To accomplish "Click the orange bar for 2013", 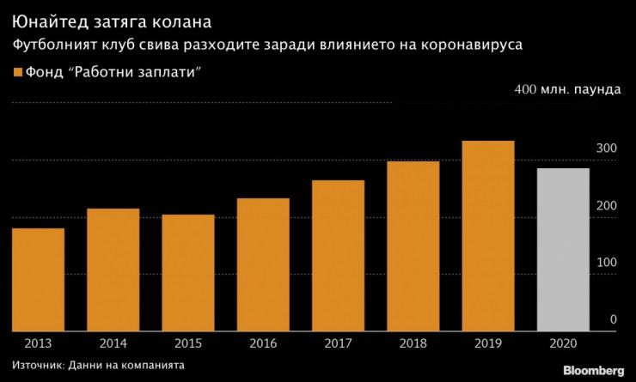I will click(x=38, y=279).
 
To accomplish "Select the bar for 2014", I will click(x=113, y=270).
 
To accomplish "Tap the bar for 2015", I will click(x=188, y=272).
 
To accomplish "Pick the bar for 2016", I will click(x=263, y=264).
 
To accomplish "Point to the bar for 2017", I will click(x=338, y=255).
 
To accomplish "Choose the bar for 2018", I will click(x=413, y=246).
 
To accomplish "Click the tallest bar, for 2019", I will click(x=487, y=235).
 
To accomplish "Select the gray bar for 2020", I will click(x=563, y=249).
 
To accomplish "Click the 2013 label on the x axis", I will click(x=38, y=343).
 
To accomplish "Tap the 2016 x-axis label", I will click(x=263, y=343).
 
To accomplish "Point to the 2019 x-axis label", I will click(x=487, y=343).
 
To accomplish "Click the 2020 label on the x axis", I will click(x=563, y=343).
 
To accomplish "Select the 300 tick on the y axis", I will click(x=608, y=149).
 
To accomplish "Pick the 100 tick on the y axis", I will click(x=608, y=263).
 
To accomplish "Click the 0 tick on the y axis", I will click(x=614, y=319).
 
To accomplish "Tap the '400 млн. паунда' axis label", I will click(x=566, y=89).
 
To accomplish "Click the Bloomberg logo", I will click(x=594, y=370).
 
